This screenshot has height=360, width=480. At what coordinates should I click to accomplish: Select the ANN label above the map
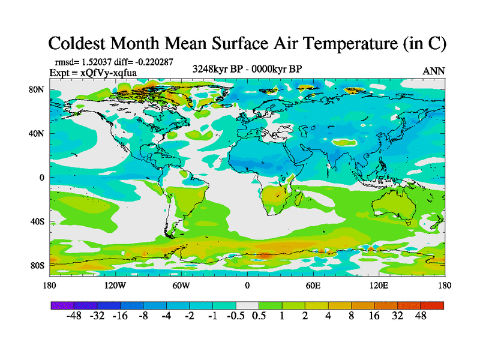434,71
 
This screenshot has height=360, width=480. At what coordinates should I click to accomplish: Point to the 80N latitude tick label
37,89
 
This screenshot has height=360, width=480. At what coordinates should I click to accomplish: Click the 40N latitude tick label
37,134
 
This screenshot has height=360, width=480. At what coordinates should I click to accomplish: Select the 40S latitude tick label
37,221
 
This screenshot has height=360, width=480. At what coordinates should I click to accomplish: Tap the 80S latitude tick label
37,265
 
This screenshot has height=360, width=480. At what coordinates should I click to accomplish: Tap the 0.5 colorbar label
259,316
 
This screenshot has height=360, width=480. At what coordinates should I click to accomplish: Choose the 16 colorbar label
374,316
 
